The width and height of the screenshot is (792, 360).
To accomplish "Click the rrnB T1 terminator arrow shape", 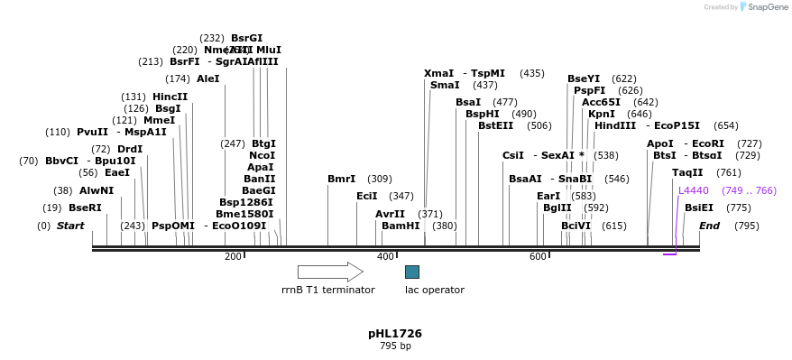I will [330, 272].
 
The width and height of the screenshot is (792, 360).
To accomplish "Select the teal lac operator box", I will [411, 272].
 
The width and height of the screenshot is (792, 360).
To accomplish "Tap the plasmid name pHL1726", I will [395, 334].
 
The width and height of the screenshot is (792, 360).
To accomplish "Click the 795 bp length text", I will [395, 346].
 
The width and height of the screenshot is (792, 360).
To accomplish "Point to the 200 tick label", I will [233, 257].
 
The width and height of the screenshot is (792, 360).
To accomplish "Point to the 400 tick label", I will [385, 257].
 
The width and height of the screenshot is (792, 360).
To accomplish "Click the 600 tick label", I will [538, 257].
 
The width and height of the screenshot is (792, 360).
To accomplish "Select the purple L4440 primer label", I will [694, 190].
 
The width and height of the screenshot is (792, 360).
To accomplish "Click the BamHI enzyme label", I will [401, 226].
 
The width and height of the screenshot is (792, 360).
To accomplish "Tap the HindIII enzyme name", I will [615, 125].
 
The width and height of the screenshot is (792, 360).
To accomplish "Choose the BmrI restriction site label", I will [341, 179].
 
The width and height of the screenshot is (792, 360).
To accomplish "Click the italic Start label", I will [70, 226].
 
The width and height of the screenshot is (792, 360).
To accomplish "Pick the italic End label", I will [709, 226].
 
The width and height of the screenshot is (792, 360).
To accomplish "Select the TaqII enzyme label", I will [687, 172].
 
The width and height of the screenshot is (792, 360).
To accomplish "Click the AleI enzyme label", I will [207, 78].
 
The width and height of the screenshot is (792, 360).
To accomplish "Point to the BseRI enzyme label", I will [85, 208].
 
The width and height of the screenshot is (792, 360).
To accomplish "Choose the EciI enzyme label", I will [366, 196].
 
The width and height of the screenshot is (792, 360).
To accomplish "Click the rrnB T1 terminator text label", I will [328, 290].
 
